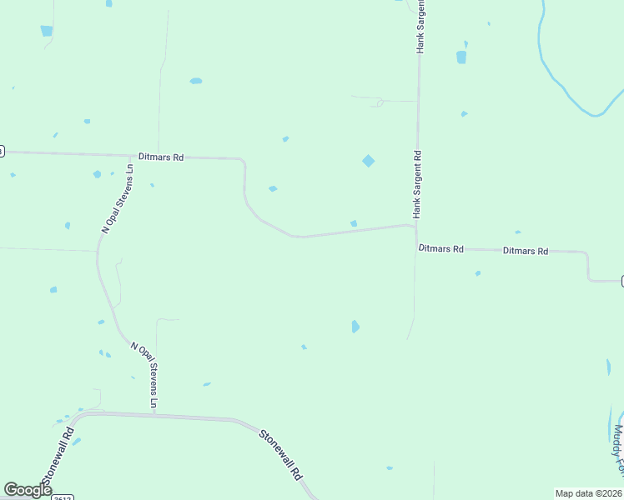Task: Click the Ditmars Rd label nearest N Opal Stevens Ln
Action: pyautogui.click(x=161, y=157)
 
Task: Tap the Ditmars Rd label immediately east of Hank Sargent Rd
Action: pyautogui.click(x=440, y=248)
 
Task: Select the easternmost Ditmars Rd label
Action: pyautogui.click(x=526, y=251)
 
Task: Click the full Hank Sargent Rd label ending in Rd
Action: pyautogui.click(x=417, y=184)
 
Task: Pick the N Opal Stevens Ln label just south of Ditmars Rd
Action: pyautogui.click(x=117, y=198)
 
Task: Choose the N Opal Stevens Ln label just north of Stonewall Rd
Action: pyautogui.click(x=143, y=374)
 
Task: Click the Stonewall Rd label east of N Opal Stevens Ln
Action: pyautogui.click(x=279, y=455)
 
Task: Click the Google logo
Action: pyautogui.click(x=28, y=490)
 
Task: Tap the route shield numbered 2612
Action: pyautogui.click(x=63, y=497)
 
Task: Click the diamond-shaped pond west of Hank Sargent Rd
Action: pyautogui.click(x=368, y=160)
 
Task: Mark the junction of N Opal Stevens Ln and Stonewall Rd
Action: pyautogui.click(x=155, y=413)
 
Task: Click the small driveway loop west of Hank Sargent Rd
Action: pyautogui.click(x=380, y=102)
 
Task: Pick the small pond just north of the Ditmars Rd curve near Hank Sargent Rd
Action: pyautogui.click(x=354, y=223)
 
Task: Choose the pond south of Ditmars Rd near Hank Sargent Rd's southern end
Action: pyautogui.click(x=355, y=326)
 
